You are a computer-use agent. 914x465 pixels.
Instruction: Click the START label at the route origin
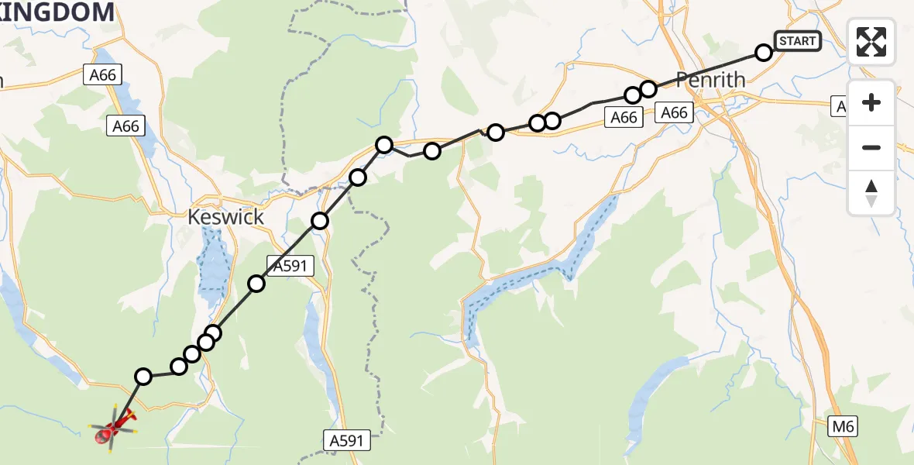pos(797,40)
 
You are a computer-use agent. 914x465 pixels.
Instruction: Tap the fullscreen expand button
pos(871,42)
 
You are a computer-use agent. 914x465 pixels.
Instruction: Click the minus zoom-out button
pos(871,147)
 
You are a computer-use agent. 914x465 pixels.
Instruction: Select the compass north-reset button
pos(871,193)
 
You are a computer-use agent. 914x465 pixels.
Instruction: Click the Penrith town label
pos(710,80)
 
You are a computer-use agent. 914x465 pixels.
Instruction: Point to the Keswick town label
pos(225,217)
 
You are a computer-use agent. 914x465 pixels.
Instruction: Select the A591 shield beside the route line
pos(290,266)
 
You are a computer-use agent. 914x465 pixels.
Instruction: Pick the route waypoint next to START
pos(764,53)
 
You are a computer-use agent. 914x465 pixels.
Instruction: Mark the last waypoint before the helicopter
pos(143,377)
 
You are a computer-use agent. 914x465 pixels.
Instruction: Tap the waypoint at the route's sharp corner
pos(384,144)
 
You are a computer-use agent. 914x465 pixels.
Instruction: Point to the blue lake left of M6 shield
pos(655,403)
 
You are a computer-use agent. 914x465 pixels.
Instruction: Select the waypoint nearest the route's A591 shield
pos(256,284)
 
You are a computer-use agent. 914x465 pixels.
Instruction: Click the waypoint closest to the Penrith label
pos(648,88)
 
